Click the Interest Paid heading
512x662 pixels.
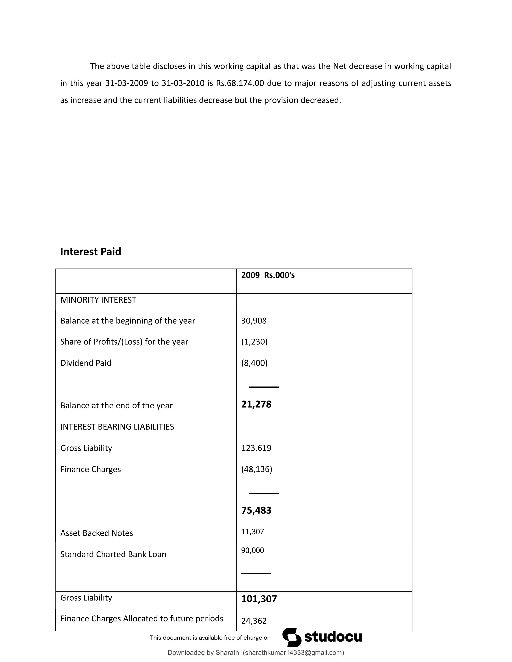91,252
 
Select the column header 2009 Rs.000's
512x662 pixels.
268,275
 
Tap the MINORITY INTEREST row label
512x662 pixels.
98,300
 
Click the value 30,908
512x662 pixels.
254,321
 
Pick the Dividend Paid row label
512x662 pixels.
86,363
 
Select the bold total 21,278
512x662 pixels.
256,404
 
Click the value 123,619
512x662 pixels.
256,448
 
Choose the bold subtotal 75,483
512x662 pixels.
256,510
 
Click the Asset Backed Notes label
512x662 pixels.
97,533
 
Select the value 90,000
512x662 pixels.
253,550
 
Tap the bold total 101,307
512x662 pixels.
259,599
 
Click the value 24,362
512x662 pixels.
254,621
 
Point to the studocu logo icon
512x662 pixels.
292,637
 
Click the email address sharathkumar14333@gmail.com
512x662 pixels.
293,652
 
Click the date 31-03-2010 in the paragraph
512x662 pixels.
183,83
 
